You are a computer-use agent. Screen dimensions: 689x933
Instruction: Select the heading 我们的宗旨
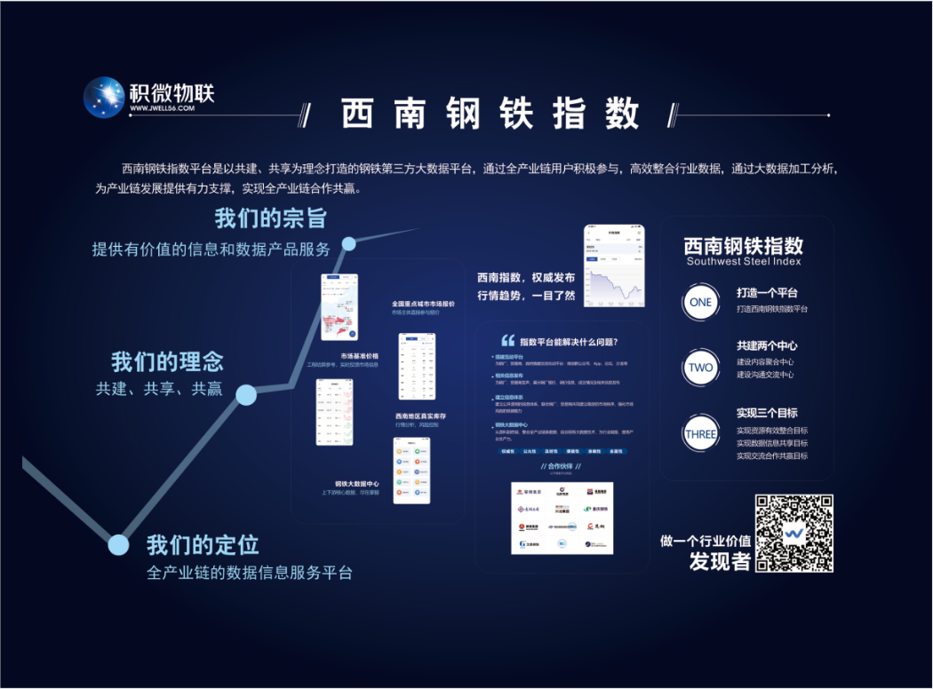[271, 218]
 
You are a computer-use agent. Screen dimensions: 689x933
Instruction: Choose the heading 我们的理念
[167, 362]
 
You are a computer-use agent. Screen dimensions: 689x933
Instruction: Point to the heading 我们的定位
[203, 543]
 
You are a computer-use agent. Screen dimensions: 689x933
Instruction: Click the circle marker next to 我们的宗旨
[348, 243]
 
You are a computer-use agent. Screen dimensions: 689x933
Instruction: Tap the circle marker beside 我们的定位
[117, 544]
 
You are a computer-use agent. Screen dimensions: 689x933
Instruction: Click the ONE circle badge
[700, 302]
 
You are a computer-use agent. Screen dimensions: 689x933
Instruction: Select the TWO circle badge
[700, 367]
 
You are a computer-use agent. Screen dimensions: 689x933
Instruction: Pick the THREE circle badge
[700, 434]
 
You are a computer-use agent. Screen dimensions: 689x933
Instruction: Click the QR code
[794, 533]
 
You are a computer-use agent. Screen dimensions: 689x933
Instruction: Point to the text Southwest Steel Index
[744, 262]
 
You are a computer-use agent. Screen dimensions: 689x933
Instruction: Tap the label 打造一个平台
[767, 293]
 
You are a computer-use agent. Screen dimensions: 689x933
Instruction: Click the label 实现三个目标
[767, 413]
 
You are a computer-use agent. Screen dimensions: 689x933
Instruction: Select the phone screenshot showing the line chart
[614, 267]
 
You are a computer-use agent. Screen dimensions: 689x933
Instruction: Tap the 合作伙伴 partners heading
[561, 466]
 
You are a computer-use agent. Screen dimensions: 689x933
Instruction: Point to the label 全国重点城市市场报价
[423, 304]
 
